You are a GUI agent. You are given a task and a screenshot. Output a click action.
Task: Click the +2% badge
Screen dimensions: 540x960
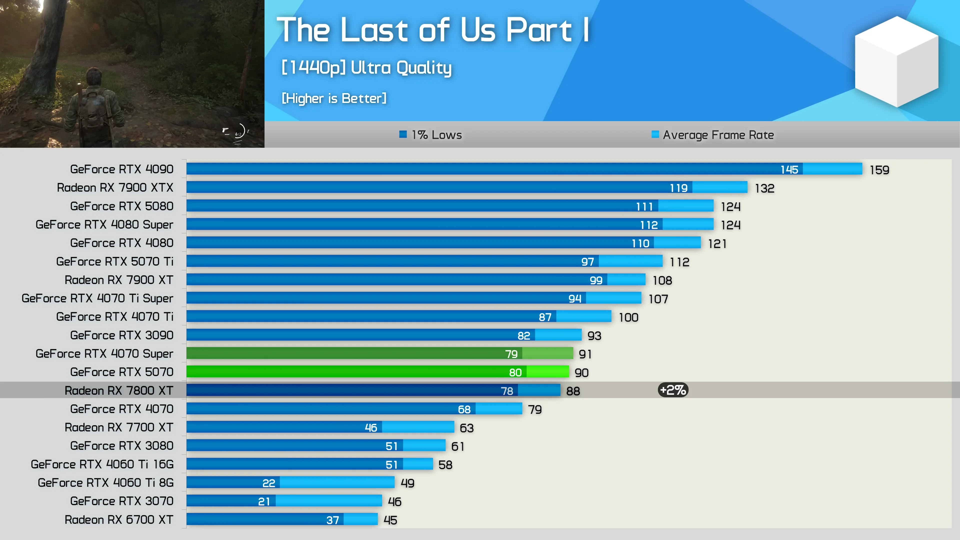pyautogui.click(x=673, y=390)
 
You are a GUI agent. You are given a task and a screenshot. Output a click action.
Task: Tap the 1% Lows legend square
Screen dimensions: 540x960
pyautogui.click(x=403, y=134)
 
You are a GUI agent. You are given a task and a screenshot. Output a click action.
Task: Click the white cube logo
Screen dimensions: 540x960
pyautogui.click(x=896, y=61)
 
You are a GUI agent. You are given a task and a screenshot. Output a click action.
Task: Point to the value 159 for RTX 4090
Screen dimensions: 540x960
pyautogui.click(x=879, y=170)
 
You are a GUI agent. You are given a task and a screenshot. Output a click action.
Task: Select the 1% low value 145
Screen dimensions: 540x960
pyautogui.click(x=789, y=169)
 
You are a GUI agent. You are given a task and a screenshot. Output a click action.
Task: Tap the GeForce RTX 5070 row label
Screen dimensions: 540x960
pyautogui.click(x=121, y=372)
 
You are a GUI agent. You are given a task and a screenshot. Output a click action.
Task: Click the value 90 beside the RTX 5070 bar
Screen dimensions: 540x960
pyautogui.click(x=581, y=373)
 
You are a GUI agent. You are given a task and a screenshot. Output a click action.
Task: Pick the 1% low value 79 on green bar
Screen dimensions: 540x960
pyautogui.click(x=511, y=354)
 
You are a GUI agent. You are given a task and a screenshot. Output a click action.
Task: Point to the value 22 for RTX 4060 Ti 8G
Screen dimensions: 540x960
pyautogui.click(x=268, y=483)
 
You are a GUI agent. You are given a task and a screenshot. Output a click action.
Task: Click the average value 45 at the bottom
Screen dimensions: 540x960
pyautogui.click(x=390, y=520)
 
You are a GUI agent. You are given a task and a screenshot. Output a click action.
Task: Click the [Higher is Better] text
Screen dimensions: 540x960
pyautogui.click(x=334, y=98)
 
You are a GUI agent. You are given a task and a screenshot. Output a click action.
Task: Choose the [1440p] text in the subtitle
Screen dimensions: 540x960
pyautogui.click(x=313, y=67)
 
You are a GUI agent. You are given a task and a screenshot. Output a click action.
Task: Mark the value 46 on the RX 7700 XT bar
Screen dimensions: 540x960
pyautogui.click(x=371, y=427)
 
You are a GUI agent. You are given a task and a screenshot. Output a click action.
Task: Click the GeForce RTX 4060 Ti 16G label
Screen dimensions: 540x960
pyautogui.click(x=102, y=464)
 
